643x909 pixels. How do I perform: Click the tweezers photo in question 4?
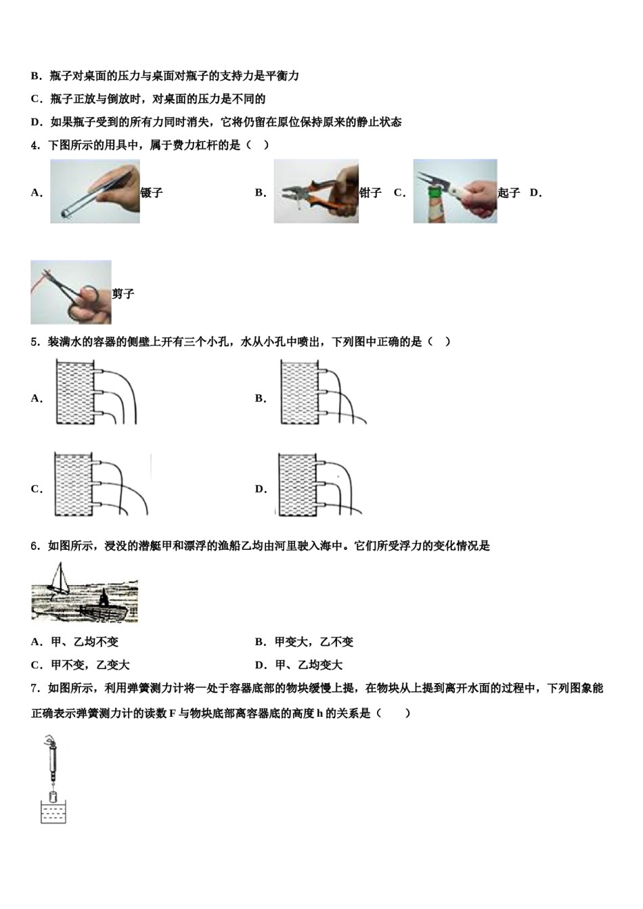(95, 191)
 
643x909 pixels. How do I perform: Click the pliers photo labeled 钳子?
(315, 191)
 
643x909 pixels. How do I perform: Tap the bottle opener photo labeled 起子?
(455, 191)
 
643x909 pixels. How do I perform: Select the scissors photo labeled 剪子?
(71, 292)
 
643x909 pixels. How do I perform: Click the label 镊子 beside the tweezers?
(152, 193)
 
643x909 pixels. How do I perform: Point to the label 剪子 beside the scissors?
(123, 294)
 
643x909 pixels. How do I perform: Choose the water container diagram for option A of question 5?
(95, 392)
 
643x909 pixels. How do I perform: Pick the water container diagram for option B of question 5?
(321, 392)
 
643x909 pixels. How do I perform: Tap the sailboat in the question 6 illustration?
(60, 580)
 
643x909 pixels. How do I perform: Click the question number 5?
(35, 342)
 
